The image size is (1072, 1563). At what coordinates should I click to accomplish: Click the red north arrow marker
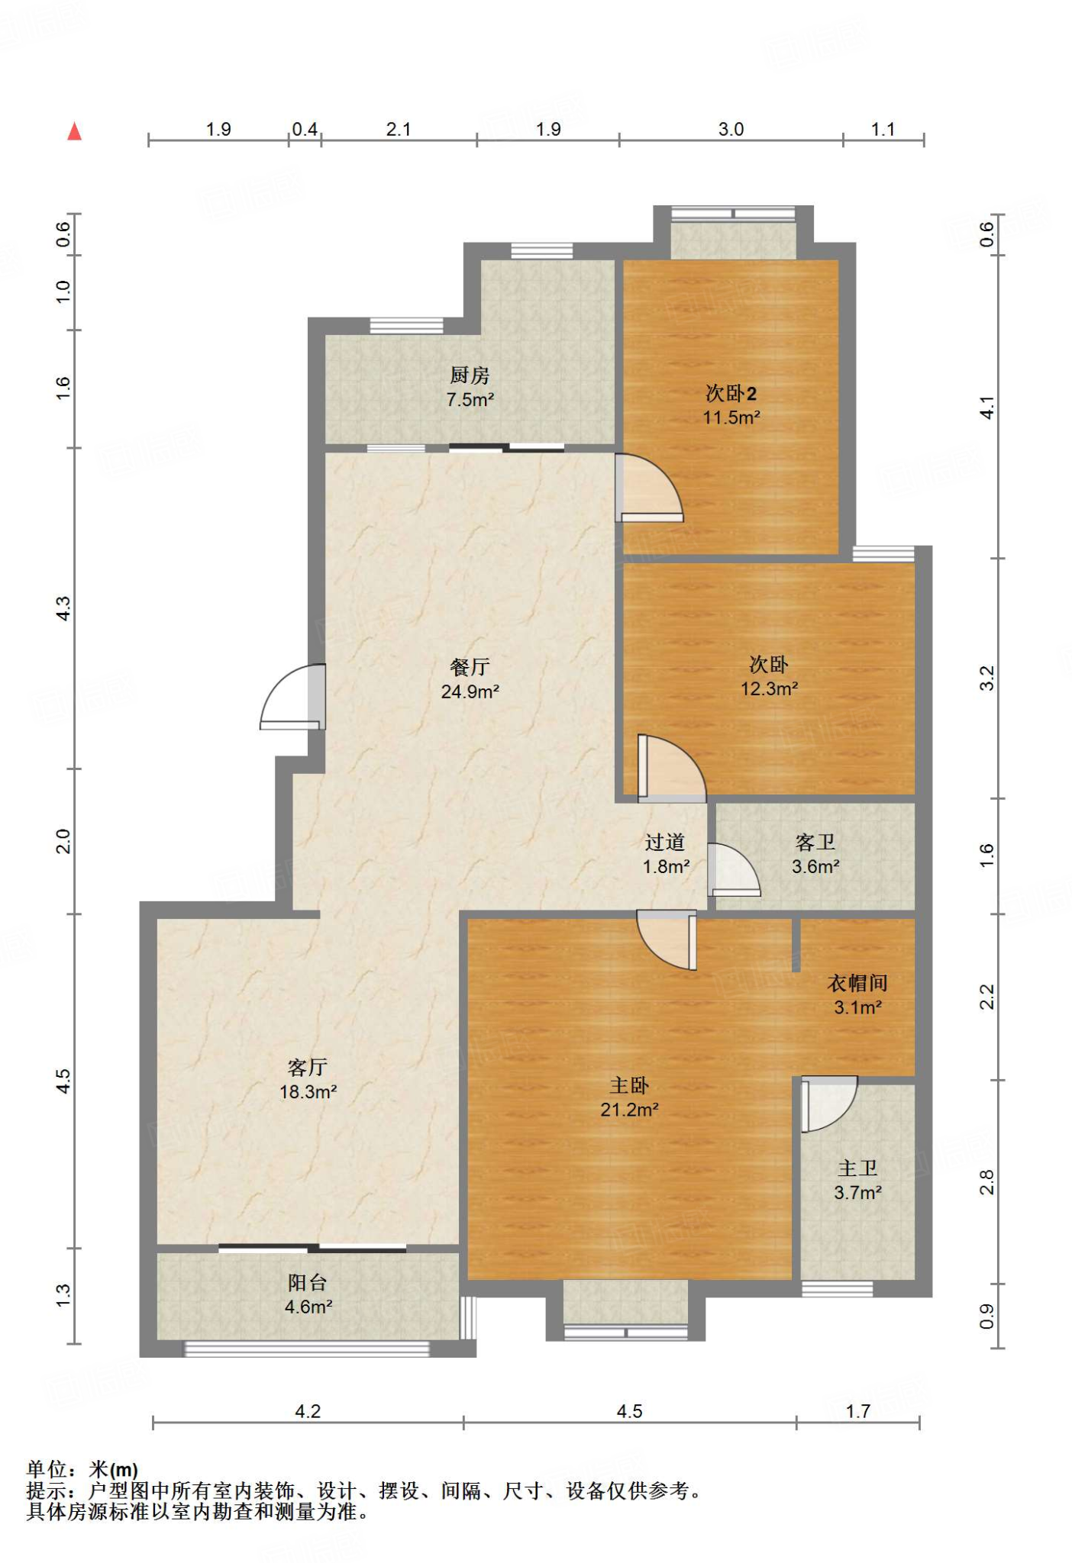[x=74, y=132]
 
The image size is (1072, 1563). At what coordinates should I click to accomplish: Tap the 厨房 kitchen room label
[x=470, y=375]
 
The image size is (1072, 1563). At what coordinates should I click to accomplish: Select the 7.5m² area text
[x=470, y=399]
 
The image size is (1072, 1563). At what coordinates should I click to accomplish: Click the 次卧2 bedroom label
[x=731, y=393]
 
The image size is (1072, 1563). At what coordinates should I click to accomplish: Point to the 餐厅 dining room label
[x=470, y=667]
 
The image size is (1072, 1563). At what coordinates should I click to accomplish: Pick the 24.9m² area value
[x=470, y=691]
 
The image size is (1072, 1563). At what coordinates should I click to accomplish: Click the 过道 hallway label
[x=665, y=842]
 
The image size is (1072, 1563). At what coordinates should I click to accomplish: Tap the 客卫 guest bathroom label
[x=815, y=842]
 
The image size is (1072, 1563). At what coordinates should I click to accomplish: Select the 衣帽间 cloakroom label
[x=857, y=983]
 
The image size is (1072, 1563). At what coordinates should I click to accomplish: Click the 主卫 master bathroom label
[x=857, y=1168]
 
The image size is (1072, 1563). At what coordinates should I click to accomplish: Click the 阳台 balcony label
[x=308, y=1282]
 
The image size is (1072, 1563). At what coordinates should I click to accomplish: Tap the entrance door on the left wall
[x=293, y=697]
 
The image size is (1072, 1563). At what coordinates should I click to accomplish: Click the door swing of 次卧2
[x=649, y=488]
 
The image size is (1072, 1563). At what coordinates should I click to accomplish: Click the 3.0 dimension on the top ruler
[x=731, y=129]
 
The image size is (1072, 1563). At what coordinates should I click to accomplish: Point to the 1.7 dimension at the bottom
[x=857, y=1411]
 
